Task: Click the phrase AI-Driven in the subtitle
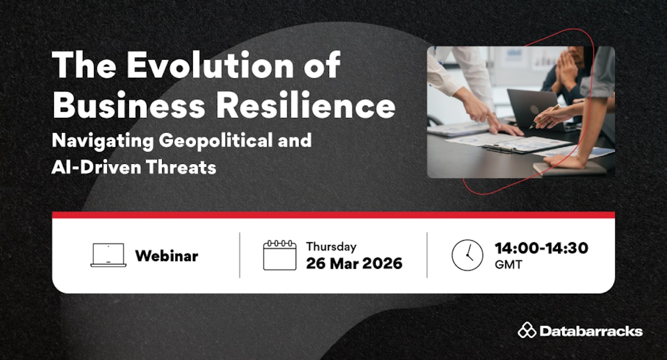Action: coord(96,167)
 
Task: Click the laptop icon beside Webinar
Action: coord(108,255)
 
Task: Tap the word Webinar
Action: coord(167,256)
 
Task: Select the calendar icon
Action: coord(280,255)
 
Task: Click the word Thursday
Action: coord(331,247)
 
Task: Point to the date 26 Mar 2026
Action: coord(354,263)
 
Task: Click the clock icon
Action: coord(467,255)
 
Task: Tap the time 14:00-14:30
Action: coord(541,248)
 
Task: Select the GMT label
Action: coord(508,264)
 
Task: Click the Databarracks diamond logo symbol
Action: coord(527,330)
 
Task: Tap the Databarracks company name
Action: coord(591,331)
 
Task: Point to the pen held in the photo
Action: coord(544,117)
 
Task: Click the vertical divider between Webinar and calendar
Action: coord(240,255)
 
